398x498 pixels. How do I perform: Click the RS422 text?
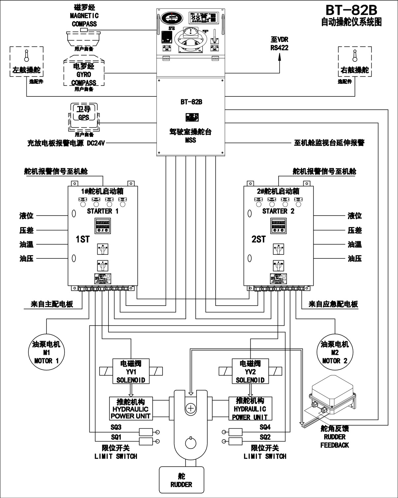279,48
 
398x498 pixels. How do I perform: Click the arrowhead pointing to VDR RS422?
280,56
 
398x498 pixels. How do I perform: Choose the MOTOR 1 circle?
46,352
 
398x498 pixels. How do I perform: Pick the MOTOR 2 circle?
335,352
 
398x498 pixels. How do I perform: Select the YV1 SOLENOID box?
131,372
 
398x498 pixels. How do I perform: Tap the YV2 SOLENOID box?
250,372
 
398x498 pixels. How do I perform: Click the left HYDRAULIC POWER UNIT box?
131,409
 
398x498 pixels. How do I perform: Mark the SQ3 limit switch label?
116,427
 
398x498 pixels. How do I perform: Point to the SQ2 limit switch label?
265,437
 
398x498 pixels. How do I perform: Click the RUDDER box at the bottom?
181,480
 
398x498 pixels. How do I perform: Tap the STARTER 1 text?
103,211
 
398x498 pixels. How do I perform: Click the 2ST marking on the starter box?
259,239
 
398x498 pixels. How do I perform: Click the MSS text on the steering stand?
191,140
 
